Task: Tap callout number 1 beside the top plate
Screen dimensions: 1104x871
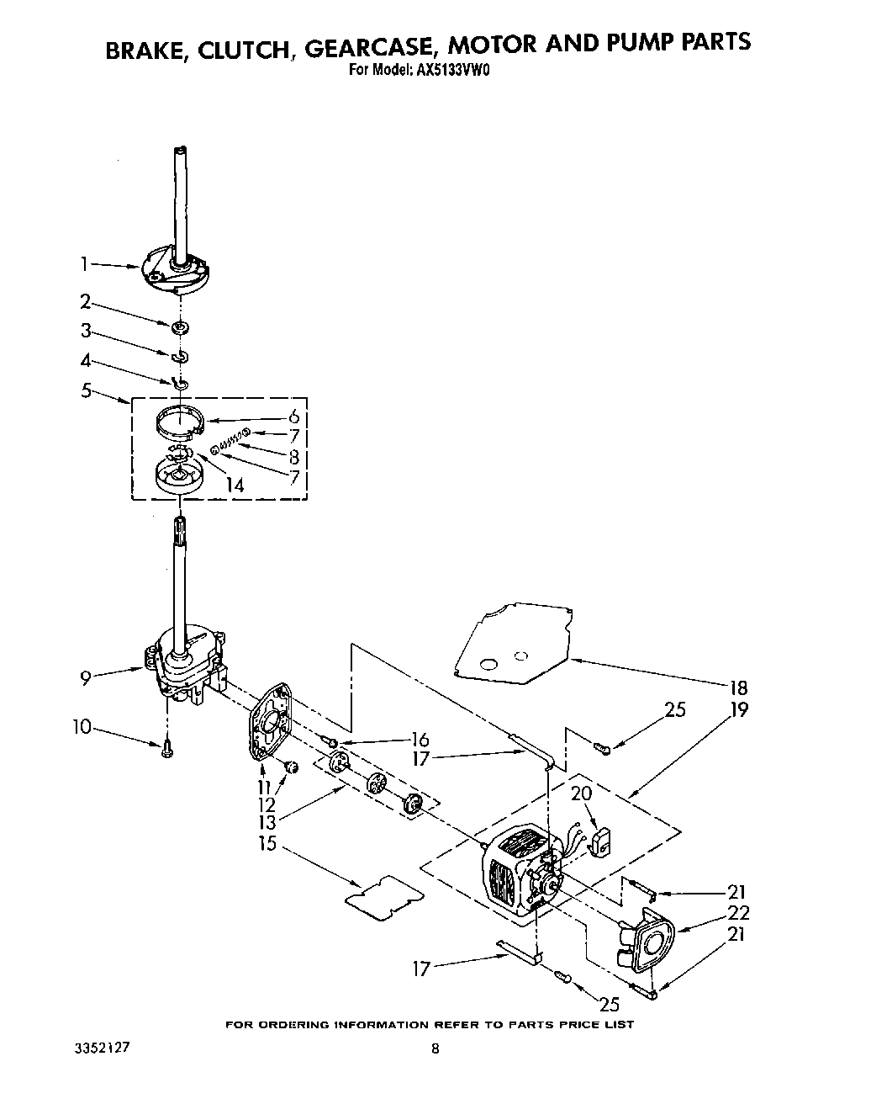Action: [x=84, y=264]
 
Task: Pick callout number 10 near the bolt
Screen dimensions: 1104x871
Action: [x=82, y=725]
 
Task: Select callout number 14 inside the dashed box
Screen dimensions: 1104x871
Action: [x=235, y=484]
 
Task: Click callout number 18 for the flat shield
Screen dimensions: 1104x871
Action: [x=738, y=687]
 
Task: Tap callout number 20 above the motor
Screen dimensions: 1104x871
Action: [x=581, y=793]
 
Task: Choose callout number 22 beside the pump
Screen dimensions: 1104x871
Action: [x=739, y=912]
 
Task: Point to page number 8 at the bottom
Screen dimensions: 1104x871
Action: [x=435, y=1049]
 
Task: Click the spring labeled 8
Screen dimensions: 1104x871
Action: [x=230, y=442]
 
